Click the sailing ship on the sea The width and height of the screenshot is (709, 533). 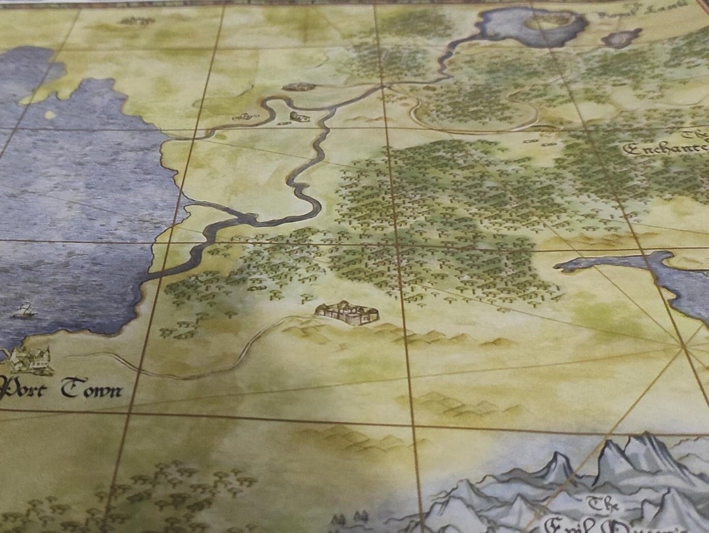(x=24, y=310)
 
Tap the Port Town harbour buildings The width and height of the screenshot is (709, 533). (x=30, y=359)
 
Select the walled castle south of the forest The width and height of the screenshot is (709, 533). (x=347, y=313)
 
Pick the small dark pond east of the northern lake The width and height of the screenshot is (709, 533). (x=620, y=39)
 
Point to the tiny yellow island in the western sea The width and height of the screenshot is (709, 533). (x=49, y=115)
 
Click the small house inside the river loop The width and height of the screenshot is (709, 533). (x=299, y=117)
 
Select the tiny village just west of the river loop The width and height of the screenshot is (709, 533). (x=244, y=117)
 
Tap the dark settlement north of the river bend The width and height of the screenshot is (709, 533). (x=299, y=87)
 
